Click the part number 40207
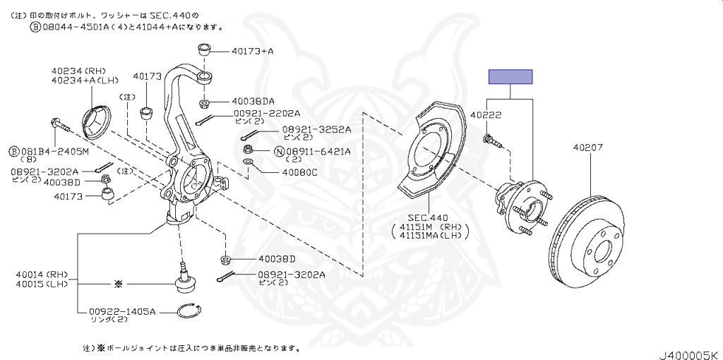coord(587,148)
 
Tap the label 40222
coord(486,115)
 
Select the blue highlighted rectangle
coord(510,76)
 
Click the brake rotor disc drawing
coord(586,242)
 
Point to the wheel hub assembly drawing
coord(522,205)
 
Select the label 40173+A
coord(252,51)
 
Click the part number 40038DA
coord(253,102)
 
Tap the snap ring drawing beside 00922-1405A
coord(191,312)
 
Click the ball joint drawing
coord(186,277)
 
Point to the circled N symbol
coord(279,151)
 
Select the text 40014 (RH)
coord(35,275)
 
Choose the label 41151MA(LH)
coord(430,236)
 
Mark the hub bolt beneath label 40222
coord(493,141)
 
